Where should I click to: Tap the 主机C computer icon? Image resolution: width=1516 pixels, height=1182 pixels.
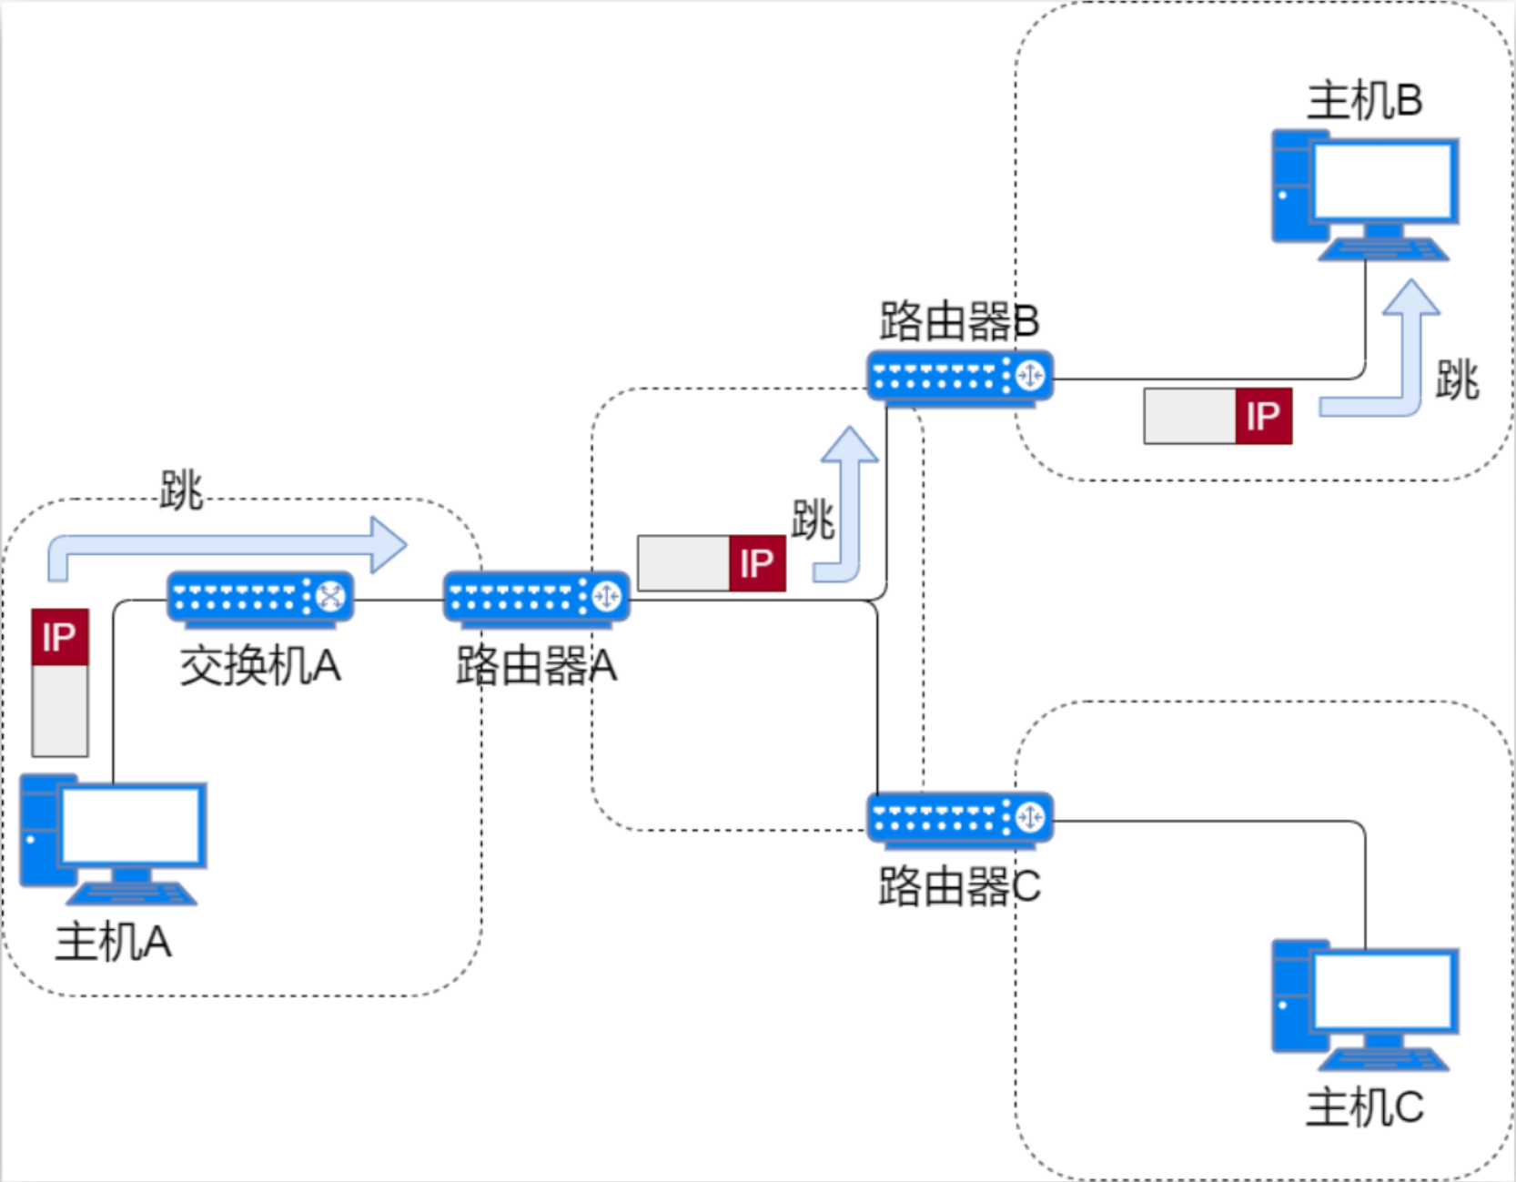(x=1365, y=1005)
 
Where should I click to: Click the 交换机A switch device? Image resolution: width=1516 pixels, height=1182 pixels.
(x=260, y=598)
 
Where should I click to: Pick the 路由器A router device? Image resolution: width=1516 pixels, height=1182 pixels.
(x=536, y=598)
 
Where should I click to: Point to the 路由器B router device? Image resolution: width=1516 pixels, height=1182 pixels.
(x=960, y=376)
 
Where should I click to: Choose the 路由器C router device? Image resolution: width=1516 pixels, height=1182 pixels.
(x=960, y=817)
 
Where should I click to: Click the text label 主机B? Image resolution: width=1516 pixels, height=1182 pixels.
(x=1364, y=100)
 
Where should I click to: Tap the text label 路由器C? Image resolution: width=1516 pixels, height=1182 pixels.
(x=959, y=886)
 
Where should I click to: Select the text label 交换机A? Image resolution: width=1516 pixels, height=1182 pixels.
(x=260, y=666)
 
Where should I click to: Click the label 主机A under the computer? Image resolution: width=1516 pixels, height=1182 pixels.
(x=114, y=942)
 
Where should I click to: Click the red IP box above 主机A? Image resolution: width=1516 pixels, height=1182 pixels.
(x=60, y=637)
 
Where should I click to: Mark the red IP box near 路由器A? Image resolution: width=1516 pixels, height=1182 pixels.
(x=757, y=564)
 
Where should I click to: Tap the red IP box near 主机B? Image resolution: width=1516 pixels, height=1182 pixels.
(x=1263, y=417)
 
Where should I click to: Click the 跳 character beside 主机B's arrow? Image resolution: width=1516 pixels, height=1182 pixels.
(x=1458, y=380)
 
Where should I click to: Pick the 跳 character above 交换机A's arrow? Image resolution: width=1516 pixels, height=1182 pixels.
(x=181, y=490)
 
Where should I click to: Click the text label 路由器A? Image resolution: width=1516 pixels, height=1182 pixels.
(x=536, y=666)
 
